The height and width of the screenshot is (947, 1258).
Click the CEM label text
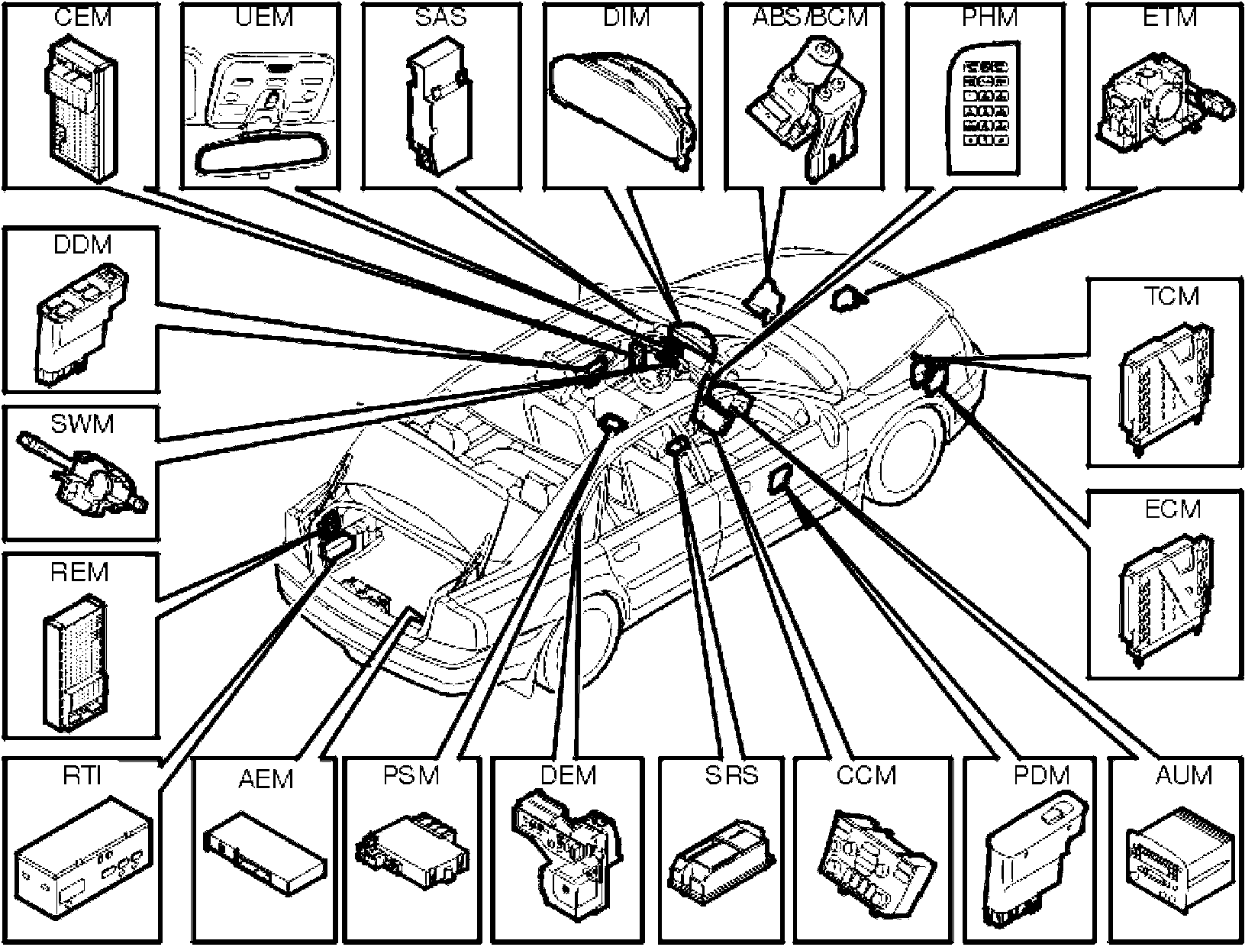(x=84, y=16)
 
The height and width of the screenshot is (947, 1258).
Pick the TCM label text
(x=1172, y=296)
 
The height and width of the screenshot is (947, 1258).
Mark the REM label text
(x=79, y=572)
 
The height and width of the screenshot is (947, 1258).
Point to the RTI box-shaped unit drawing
(x=84, y=863)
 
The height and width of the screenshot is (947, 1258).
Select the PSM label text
(x=411, y=776)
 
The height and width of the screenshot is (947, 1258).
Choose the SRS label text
(x=731, y=776)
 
